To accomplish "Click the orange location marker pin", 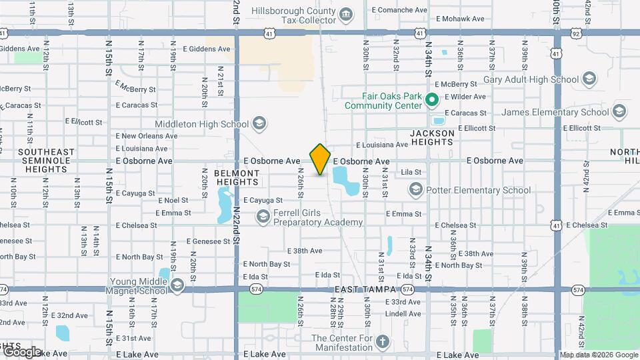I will point(320,159).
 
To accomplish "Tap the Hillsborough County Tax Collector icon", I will point(346,15).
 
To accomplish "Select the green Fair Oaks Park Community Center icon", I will point(431,101).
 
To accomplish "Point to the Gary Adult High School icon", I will point(589,80).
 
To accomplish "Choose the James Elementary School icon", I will point(619,111).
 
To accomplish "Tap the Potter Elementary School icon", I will point(416,190).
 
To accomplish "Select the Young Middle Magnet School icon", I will point(177,285).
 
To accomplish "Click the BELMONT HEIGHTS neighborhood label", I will point(237,177).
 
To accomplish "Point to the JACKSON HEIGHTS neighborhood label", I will point(432,137).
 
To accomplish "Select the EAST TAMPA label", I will point(362,289).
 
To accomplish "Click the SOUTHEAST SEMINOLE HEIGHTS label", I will point(45,161).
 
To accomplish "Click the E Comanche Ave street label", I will point(398,10).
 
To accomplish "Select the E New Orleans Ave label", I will point(146,136).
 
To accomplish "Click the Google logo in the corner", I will point(22,351).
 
